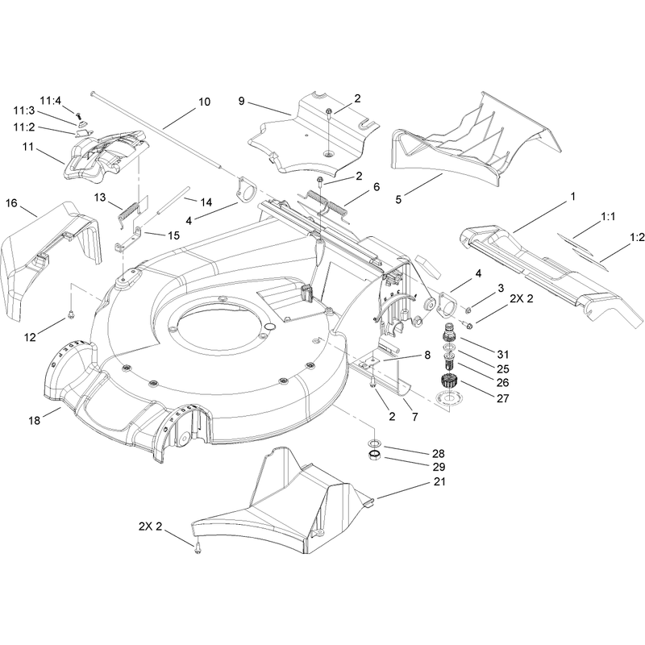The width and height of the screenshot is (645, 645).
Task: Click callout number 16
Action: (x=11, y=203)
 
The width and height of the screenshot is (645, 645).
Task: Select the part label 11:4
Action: (x=50, y=101)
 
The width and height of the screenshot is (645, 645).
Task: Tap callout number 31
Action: (x=502, y=354)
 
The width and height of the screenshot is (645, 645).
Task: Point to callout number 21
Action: (x=439, y=481)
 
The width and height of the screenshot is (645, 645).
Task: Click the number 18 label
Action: (x=35, y=420)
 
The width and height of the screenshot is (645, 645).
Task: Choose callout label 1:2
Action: (x=637, y=237)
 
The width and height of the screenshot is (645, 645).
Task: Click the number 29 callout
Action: (x=439, y=467)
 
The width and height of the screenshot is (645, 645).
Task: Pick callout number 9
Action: (x=241, y=102)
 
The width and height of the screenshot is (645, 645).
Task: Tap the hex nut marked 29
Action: (x=373, y=456)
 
